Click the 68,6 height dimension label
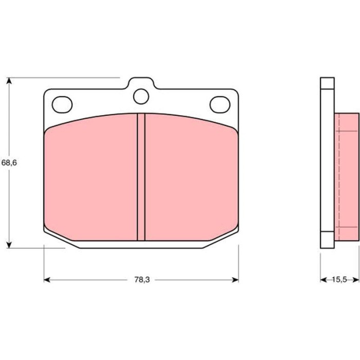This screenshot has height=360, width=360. [x=9, y=163]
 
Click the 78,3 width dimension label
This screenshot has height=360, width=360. [x=142, y=280]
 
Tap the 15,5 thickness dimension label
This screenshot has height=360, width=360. [x=339, y=280]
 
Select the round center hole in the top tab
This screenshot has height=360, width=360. [x=141, y=96]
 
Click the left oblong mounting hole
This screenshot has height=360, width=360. [x=62, y=104]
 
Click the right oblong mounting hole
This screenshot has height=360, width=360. [x=220, y=104]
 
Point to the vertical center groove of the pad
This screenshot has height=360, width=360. [x=141, y=177]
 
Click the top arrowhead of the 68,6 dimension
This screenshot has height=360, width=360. [x=9, y=81]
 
